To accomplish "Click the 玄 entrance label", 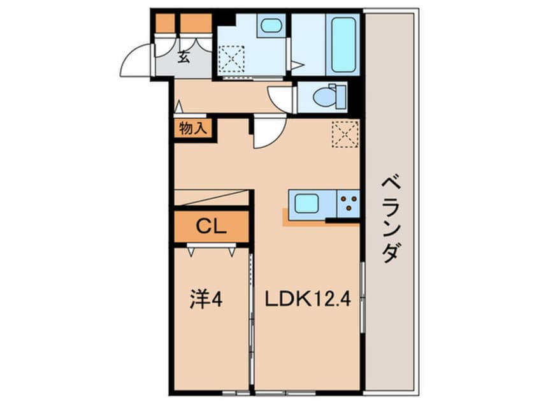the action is [x=184, y=57].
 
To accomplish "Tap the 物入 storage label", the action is [x=193, y=129].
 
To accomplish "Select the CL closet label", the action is [x=211, y=227].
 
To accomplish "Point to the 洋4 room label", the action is [x=206, y=299].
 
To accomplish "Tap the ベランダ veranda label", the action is [x=391, y=219].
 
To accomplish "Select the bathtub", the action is [x=343, y=45].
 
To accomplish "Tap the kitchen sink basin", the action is [x=306, y=203].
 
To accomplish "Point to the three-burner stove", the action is [x=349, y=203].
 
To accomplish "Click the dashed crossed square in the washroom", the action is [x=231, y=59].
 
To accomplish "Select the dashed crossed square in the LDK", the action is [x=345, y=134].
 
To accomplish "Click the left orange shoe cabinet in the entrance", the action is [x=165, y=24].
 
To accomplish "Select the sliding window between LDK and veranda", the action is [x=362, y=298].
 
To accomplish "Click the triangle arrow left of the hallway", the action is [x=178, y=106].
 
